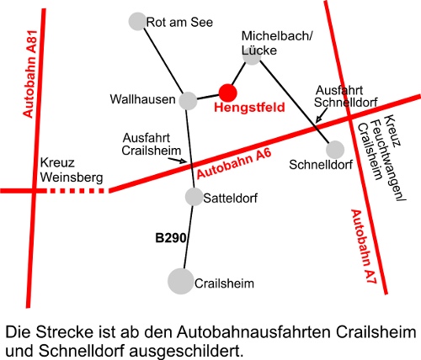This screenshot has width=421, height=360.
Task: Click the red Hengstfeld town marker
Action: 228,93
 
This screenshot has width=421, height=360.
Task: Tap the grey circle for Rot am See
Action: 137,21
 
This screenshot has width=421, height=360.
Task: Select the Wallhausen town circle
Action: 188,101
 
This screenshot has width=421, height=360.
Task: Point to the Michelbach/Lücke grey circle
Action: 252,56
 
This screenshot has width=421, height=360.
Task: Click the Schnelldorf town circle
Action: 335,150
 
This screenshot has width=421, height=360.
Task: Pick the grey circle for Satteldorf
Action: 194,197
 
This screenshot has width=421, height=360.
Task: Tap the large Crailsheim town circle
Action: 181,281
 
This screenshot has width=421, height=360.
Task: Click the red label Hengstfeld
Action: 249,108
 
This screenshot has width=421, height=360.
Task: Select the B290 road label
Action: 171,238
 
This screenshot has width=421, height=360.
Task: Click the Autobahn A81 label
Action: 29,74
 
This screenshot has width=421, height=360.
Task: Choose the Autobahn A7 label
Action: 364,246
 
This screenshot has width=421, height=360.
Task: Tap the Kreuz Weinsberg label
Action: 72,170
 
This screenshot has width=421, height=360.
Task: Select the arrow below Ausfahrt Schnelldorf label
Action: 322,115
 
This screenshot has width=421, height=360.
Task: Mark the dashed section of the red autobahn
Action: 76,191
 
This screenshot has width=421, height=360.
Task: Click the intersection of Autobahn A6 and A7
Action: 350,119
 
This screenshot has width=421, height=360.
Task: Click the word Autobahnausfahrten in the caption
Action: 253,332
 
